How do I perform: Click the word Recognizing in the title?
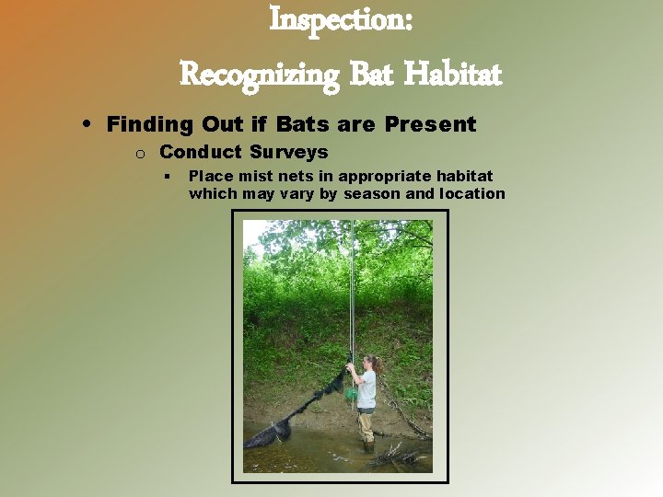coord(260,73)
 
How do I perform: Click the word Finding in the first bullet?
coord(146,124)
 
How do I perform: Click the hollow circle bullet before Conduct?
coord(135,153)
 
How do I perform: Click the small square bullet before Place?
coord(169,176)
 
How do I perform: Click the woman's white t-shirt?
coord(367,389)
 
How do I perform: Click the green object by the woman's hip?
coord(351,394)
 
